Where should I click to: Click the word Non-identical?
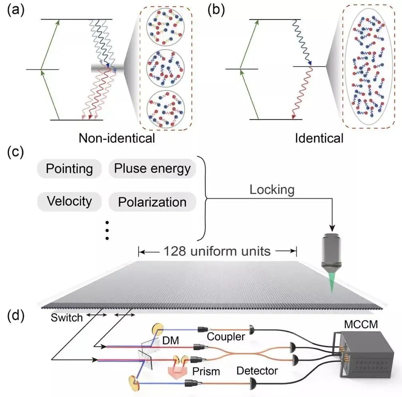(x=117, y=138)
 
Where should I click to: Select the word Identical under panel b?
(x=319, y=138)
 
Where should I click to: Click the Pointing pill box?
(x=69, y=169)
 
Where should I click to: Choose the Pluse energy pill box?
(x=152, y=169)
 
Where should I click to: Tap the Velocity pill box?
(x=69, y=201)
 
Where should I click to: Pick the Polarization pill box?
(x=152, y=202)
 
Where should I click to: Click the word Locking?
(x=272, y=189)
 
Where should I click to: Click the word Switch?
(x=67, y=318)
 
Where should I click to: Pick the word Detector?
(x=257, y=371)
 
